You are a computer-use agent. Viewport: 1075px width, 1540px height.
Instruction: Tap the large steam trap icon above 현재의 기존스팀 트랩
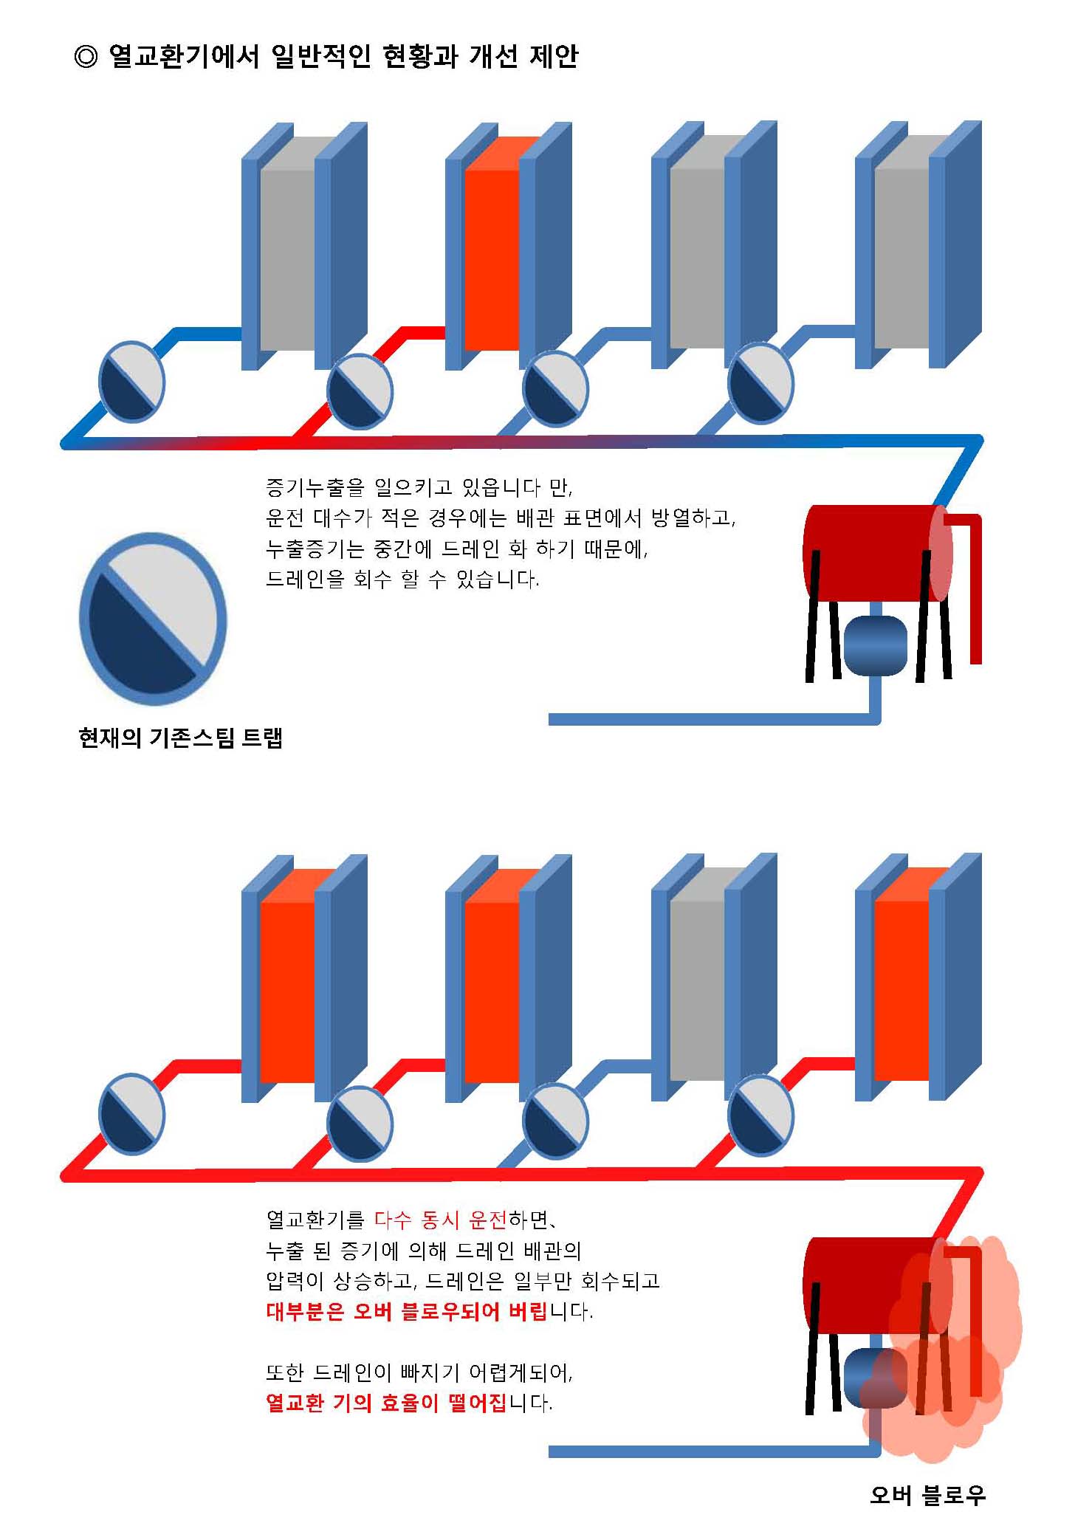pyautogui.click(x=153, y=619)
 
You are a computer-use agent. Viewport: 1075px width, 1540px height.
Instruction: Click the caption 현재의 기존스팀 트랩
pyautogui.click(x=180, y=738)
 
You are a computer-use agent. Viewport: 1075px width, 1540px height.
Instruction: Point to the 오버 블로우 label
pyautogui.click(x=927, y=1494)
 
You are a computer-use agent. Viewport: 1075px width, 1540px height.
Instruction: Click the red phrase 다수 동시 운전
pyautogui.click(x=441, y=1220)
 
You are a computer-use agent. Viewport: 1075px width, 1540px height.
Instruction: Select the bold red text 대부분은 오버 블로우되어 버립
pyautogui.click(x=407, y=1311)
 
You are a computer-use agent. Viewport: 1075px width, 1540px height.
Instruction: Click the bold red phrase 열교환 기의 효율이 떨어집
pyautogui.click(x=386, y=1402)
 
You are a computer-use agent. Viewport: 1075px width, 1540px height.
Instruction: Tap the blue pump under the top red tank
pyautogui.click(x=875, y=645)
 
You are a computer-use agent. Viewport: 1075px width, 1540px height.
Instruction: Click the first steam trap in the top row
pyautogui.click(x=131, y=382)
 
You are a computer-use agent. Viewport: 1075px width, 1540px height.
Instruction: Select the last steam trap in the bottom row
pyautogui.click(x=760, y=1115)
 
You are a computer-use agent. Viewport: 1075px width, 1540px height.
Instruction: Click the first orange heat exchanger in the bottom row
pyautogui.click(x=288, y=989)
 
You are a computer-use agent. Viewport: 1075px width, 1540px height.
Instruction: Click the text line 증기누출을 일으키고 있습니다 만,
pyautogui.click(x=419, y=487)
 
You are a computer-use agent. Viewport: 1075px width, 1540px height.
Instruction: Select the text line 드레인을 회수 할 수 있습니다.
pyautogui.click(x=402, y=580)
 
